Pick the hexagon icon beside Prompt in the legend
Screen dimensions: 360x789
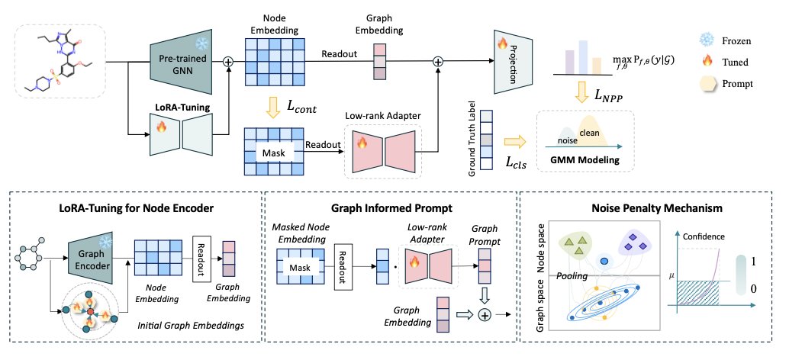(707, 83)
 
